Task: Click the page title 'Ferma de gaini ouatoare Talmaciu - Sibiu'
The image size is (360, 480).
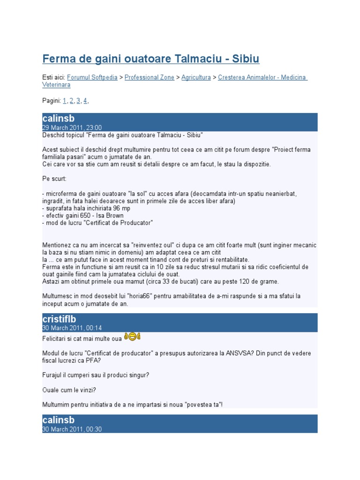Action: tap(150, 59)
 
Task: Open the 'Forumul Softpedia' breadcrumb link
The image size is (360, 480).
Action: tap(92, 77)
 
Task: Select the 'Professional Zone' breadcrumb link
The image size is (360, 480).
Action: tap(149, 77)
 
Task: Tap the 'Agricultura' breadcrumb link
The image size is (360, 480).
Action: tap(196, 77)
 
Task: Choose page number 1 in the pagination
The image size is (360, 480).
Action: tap(65, 101)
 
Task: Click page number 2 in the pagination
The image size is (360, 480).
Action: tap(72, 101)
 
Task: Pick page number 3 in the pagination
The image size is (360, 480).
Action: tap(79, 101)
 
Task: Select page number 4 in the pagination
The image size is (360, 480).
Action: tap(86, 101)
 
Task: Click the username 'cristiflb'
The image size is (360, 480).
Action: tap(59, 319)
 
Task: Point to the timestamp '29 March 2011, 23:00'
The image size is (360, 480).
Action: tap(72, 127)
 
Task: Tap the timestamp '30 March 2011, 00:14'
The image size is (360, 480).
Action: tap(72, 328)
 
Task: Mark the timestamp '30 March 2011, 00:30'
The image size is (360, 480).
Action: tap(72, 429)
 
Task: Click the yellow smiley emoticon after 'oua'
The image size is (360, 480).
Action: tap(133, 337)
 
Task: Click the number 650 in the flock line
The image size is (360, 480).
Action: tap(86, 216)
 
